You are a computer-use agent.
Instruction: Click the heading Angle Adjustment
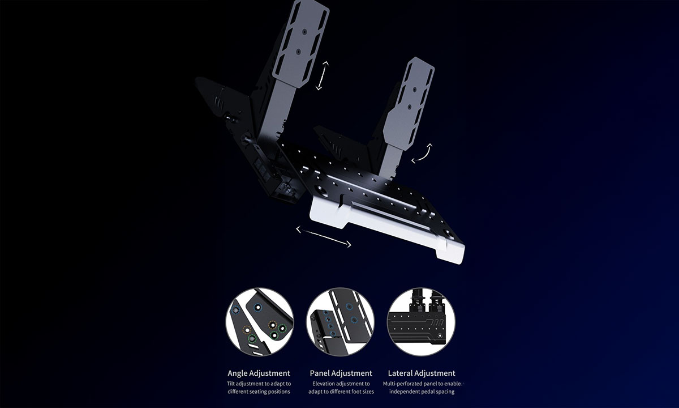[x=259, y=373]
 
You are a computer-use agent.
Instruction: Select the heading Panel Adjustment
[x=341, y=373]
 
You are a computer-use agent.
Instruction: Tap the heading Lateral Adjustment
[x=422, y=373]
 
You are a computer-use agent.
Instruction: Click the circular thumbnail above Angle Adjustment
[x=260, y=322]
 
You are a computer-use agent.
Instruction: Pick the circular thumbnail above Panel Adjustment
[x=341, y=322]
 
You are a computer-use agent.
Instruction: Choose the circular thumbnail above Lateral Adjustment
[x=422, y=322]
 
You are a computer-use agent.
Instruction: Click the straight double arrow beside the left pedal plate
[x=322, y=75]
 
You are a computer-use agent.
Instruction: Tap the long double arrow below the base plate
[x=324, y=237]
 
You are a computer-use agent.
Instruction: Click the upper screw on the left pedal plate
[x=304, y=32]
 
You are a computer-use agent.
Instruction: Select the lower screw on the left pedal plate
[x=299, y=52]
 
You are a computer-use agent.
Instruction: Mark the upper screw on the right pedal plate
[x=415, y=90]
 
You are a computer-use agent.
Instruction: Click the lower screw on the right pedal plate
[x=410, y=107]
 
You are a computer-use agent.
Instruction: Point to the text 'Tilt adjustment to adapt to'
[x=259, y=384]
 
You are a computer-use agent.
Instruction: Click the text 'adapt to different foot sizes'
[x=341, y=392]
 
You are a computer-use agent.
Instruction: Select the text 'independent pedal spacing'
[x=422, y=392]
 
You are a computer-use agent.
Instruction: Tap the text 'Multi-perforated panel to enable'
[x=422, y=384]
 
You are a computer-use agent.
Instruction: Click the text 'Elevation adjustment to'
[x=341, y=384]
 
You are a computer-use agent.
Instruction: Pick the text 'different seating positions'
[x=259, y=392]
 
